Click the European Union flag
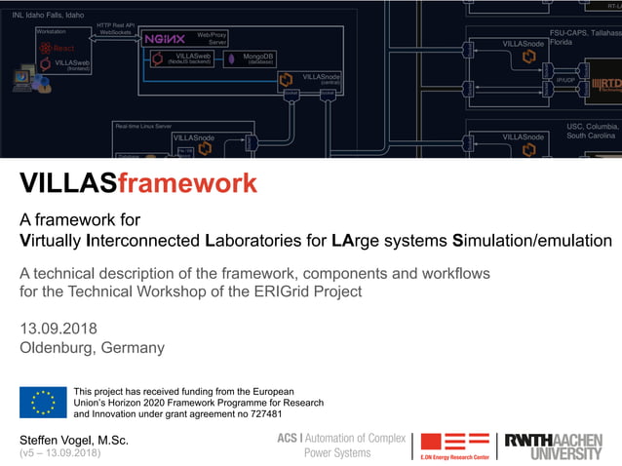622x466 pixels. point(43,402)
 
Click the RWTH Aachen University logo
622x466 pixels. point(553,446)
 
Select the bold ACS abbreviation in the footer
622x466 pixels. point(287,438)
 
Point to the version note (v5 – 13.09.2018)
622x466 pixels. point(59,453)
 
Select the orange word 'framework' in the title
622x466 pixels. point(187,182)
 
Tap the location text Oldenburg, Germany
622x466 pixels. point(92,347)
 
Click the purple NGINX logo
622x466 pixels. point(164,39)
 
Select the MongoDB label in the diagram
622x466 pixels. point(258,57)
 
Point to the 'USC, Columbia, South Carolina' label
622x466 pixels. point(593,131)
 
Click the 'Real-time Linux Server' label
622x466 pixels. point(143,126)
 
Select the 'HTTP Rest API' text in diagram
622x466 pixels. point(116,24)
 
